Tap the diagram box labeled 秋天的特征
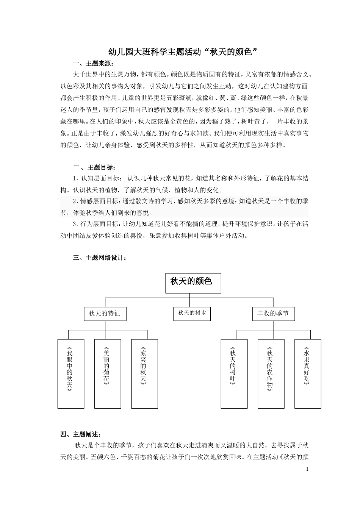coord(105,314)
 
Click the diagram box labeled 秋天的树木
coord(192,313)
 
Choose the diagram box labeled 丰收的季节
coord(273,314)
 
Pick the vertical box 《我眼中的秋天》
coord(71,373)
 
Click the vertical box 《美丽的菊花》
coord(108,373)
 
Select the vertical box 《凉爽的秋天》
coord(145,373)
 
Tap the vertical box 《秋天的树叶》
coord(234,373)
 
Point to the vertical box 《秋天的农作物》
coord(271,373)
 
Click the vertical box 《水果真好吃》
coord(308,373)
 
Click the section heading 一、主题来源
coord(93,63)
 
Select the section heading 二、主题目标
coord(95,167)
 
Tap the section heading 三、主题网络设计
coord(100,258)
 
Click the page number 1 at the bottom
coord(307,469)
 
